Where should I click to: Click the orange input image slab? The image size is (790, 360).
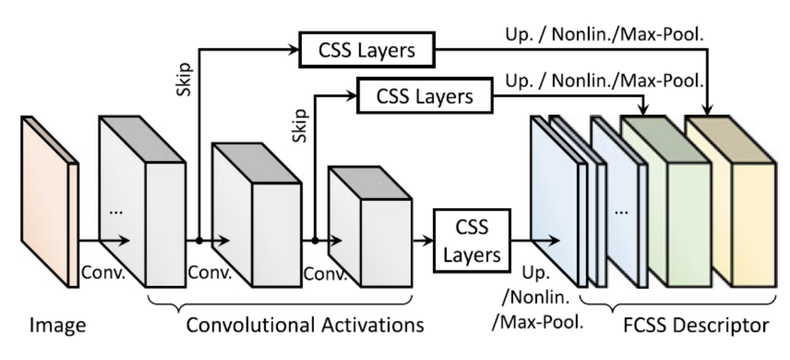[x=50, y=200]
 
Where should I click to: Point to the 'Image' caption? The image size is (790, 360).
[x=59, y=325]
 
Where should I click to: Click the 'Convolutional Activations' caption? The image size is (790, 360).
[x=304, y=325]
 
